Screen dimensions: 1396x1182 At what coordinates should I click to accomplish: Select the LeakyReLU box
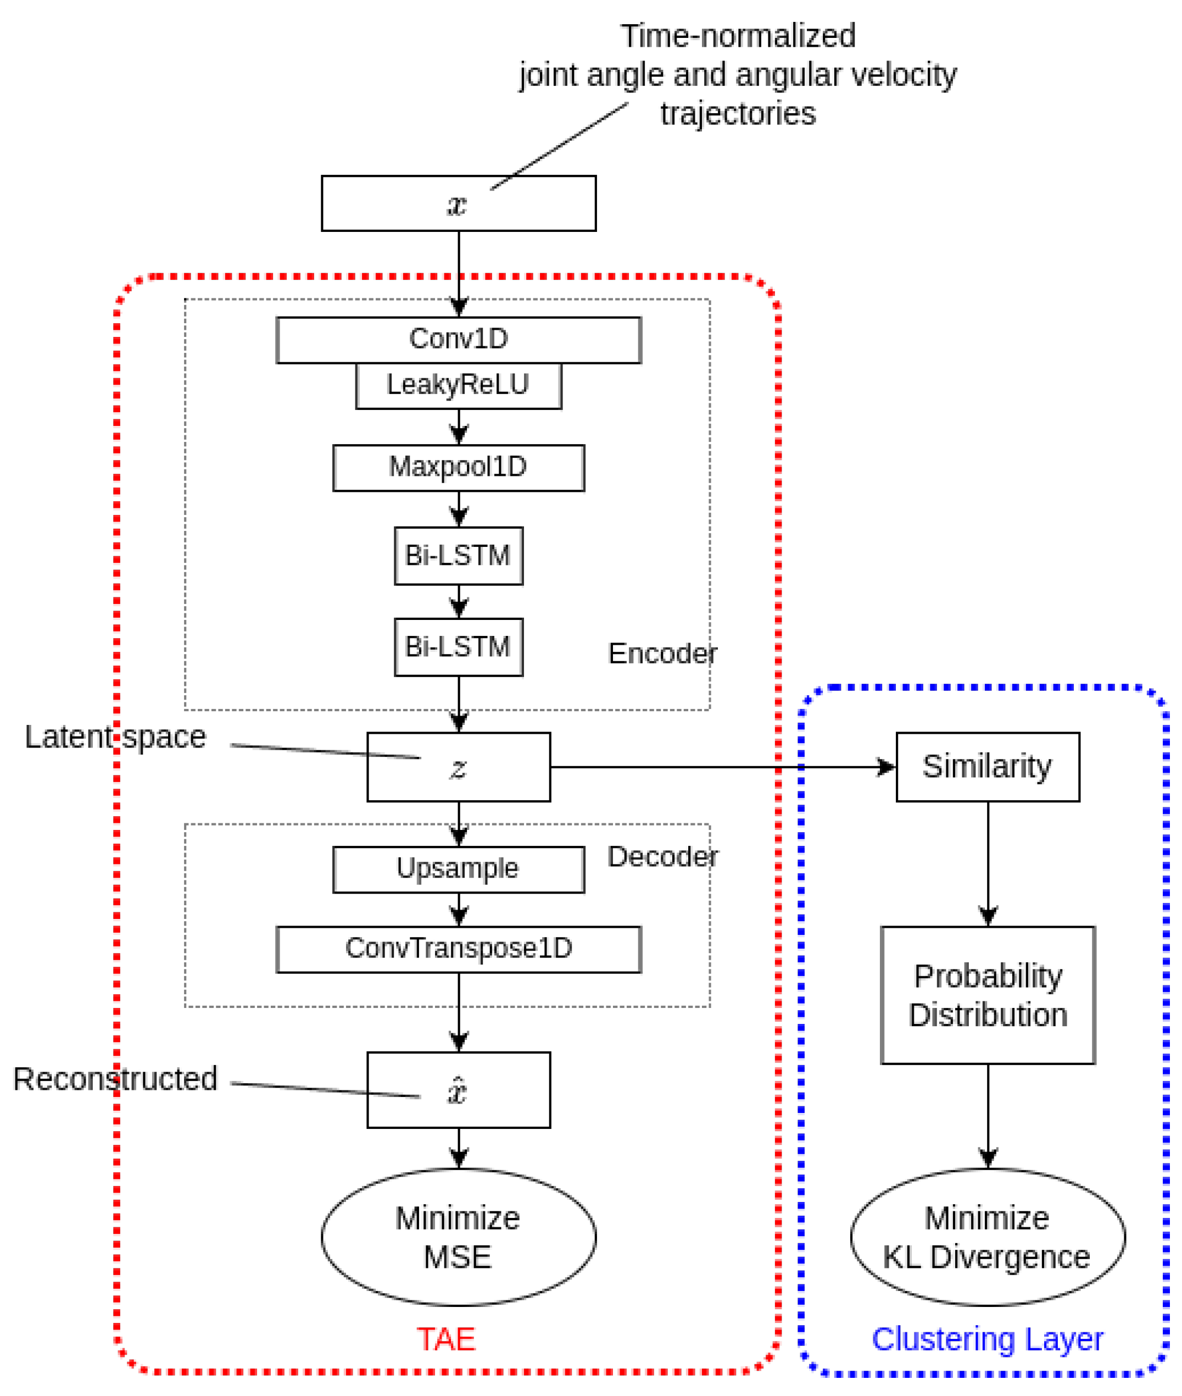click(458, 385)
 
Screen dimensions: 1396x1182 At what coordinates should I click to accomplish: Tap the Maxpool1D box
click(458, 467)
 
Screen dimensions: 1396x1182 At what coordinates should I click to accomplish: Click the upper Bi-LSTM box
click(458, 556)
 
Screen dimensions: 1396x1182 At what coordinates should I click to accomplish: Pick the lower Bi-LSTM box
click(458, 647)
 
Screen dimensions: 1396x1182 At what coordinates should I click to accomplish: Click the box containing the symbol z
click(458, 767)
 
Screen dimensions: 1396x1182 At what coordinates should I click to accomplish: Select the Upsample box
click(458, 869)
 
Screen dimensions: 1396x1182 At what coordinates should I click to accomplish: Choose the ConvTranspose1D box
click(458, 949)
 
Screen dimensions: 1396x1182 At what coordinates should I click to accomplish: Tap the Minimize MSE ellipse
click(458, 1238)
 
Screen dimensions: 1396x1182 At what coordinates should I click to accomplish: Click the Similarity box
click(987, 767)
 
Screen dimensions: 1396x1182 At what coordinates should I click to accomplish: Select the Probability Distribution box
click(987, 996)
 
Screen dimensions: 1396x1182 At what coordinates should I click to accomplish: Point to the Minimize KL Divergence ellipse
click(987, 1238)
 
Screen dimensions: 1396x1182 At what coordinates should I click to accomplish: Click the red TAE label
click(446, 1340)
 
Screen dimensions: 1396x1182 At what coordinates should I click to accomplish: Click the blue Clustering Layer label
click(987, 1340)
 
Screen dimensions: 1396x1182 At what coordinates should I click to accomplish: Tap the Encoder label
click(662, 653)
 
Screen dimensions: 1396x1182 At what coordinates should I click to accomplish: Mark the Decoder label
click(662, 857)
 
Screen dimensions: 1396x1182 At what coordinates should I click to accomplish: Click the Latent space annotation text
click(115, 738)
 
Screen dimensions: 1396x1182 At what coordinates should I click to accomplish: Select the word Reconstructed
click(115, 1079)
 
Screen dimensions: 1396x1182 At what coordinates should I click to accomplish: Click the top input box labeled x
click(458, 204)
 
